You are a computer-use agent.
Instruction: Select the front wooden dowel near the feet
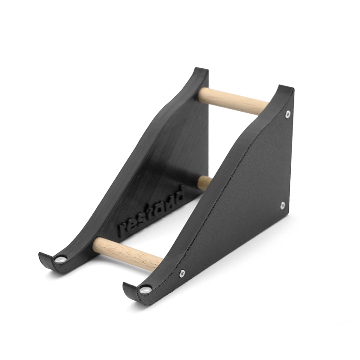127,254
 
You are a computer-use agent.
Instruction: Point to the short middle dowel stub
204,181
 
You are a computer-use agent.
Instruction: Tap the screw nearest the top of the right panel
288,114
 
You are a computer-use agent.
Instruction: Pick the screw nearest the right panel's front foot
181,273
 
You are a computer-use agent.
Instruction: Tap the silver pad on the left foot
60,259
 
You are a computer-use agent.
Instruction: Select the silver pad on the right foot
144,289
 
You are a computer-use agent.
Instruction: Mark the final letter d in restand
179,194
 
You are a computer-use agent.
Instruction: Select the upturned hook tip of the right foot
126,286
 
